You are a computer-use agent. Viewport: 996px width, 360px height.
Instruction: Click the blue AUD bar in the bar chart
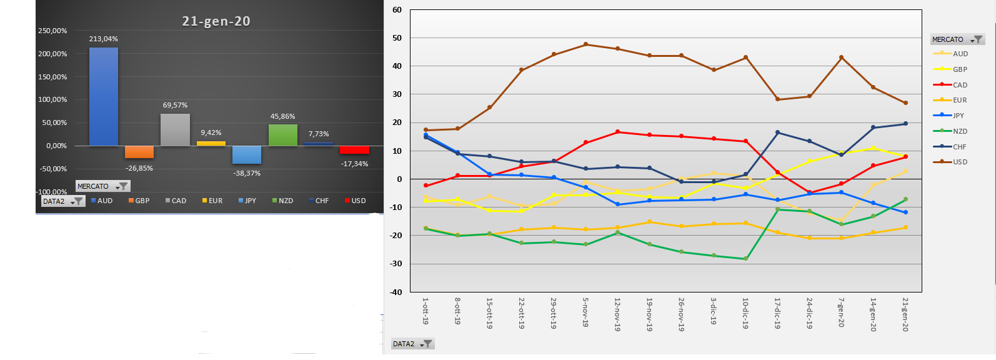tap(104, 97)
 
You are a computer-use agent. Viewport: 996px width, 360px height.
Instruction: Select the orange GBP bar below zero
tap(139, 152)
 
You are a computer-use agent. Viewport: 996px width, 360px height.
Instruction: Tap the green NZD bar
tap(283, 135)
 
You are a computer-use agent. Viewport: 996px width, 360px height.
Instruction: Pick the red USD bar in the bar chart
tap(354, 150)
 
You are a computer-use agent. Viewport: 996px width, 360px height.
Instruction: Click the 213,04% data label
tap(104, 39)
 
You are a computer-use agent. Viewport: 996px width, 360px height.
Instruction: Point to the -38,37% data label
tap(247, 174)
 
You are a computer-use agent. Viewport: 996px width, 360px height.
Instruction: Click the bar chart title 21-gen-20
tap(216, 21)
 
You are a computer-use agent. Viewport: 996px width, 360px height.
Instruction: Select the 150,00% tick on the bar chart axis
tap(52, 77)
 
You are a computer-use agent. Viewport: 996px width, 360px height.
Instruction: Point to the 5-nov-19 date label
tap(585, 313)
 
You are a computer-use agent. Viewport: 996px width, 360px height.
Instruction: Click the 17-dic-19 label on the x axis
tap(777, 313)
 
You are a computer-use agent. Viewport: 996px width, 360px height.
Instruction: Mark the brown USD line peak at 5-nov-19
tap(585, 44)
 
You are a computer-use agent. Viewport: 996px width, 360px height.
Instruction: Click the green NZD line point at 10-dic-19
tap(745, 259)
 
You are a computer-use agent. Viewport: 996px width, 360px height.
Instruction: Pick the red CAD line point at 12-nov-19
tap(617, 132)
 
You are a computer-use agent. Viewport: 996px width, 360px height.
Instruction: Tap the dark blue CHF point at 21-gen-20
tap(906, 124)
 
